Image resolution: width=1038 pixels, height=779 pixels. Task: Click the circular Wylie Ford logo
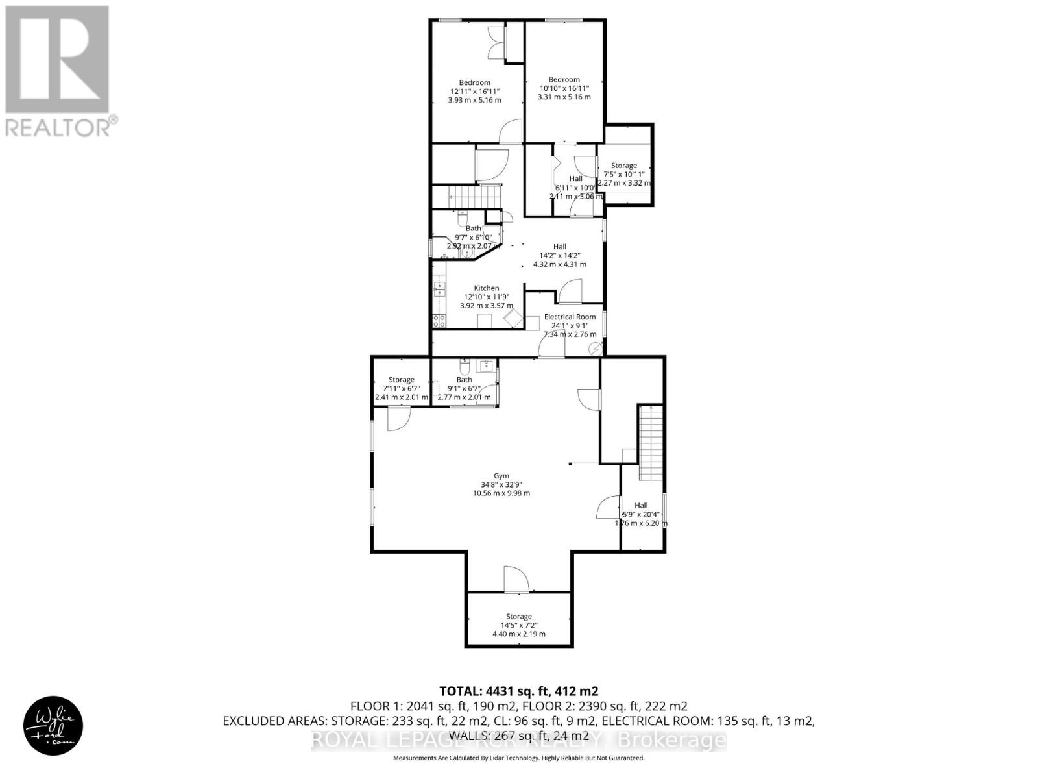[x=53, y=725]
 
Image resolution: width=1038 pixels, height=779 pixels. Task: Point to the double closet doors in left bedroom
[x=496, y=43]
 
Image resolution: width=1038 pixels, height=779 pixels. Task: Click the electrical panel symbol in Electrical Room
[x=594, y=349]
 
